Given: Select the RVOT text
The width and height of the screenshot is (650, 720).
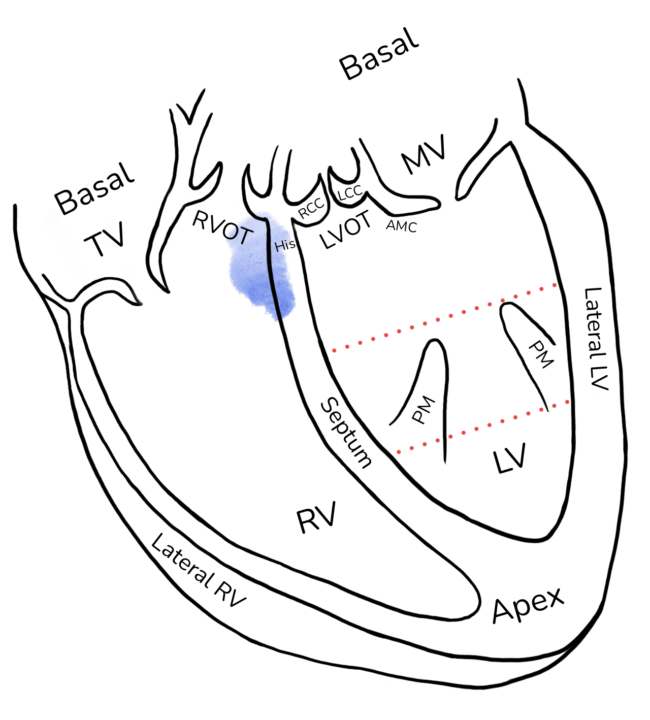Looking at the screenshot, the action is [223, 227].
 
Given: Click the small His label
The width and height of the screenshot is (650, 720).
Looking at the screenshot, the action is [285, 245].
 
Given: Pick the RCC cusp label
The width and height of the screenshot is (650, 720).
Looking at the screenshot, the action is [311, 208].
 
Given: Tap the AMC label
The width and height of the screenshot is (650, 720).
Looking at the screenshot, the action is [402, 226].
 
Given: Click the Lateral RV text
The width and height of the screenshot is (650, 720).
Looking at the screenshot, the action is [198, 571].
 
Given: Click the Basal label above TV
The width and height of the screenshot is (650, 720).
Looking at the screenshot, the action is [94, 189].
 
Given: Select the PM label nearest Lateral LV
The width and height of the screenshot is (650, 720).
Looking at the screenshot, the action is [541, 354].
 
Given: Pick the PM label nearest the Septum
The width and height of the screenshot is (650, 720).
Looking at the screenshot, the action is [424, 410].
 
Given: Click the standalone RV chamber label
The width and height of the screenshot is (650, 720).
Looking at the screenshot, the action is [316, 517].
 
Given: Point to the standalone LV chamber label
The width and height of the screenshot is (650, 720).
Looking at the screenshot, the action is [510, 458].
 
